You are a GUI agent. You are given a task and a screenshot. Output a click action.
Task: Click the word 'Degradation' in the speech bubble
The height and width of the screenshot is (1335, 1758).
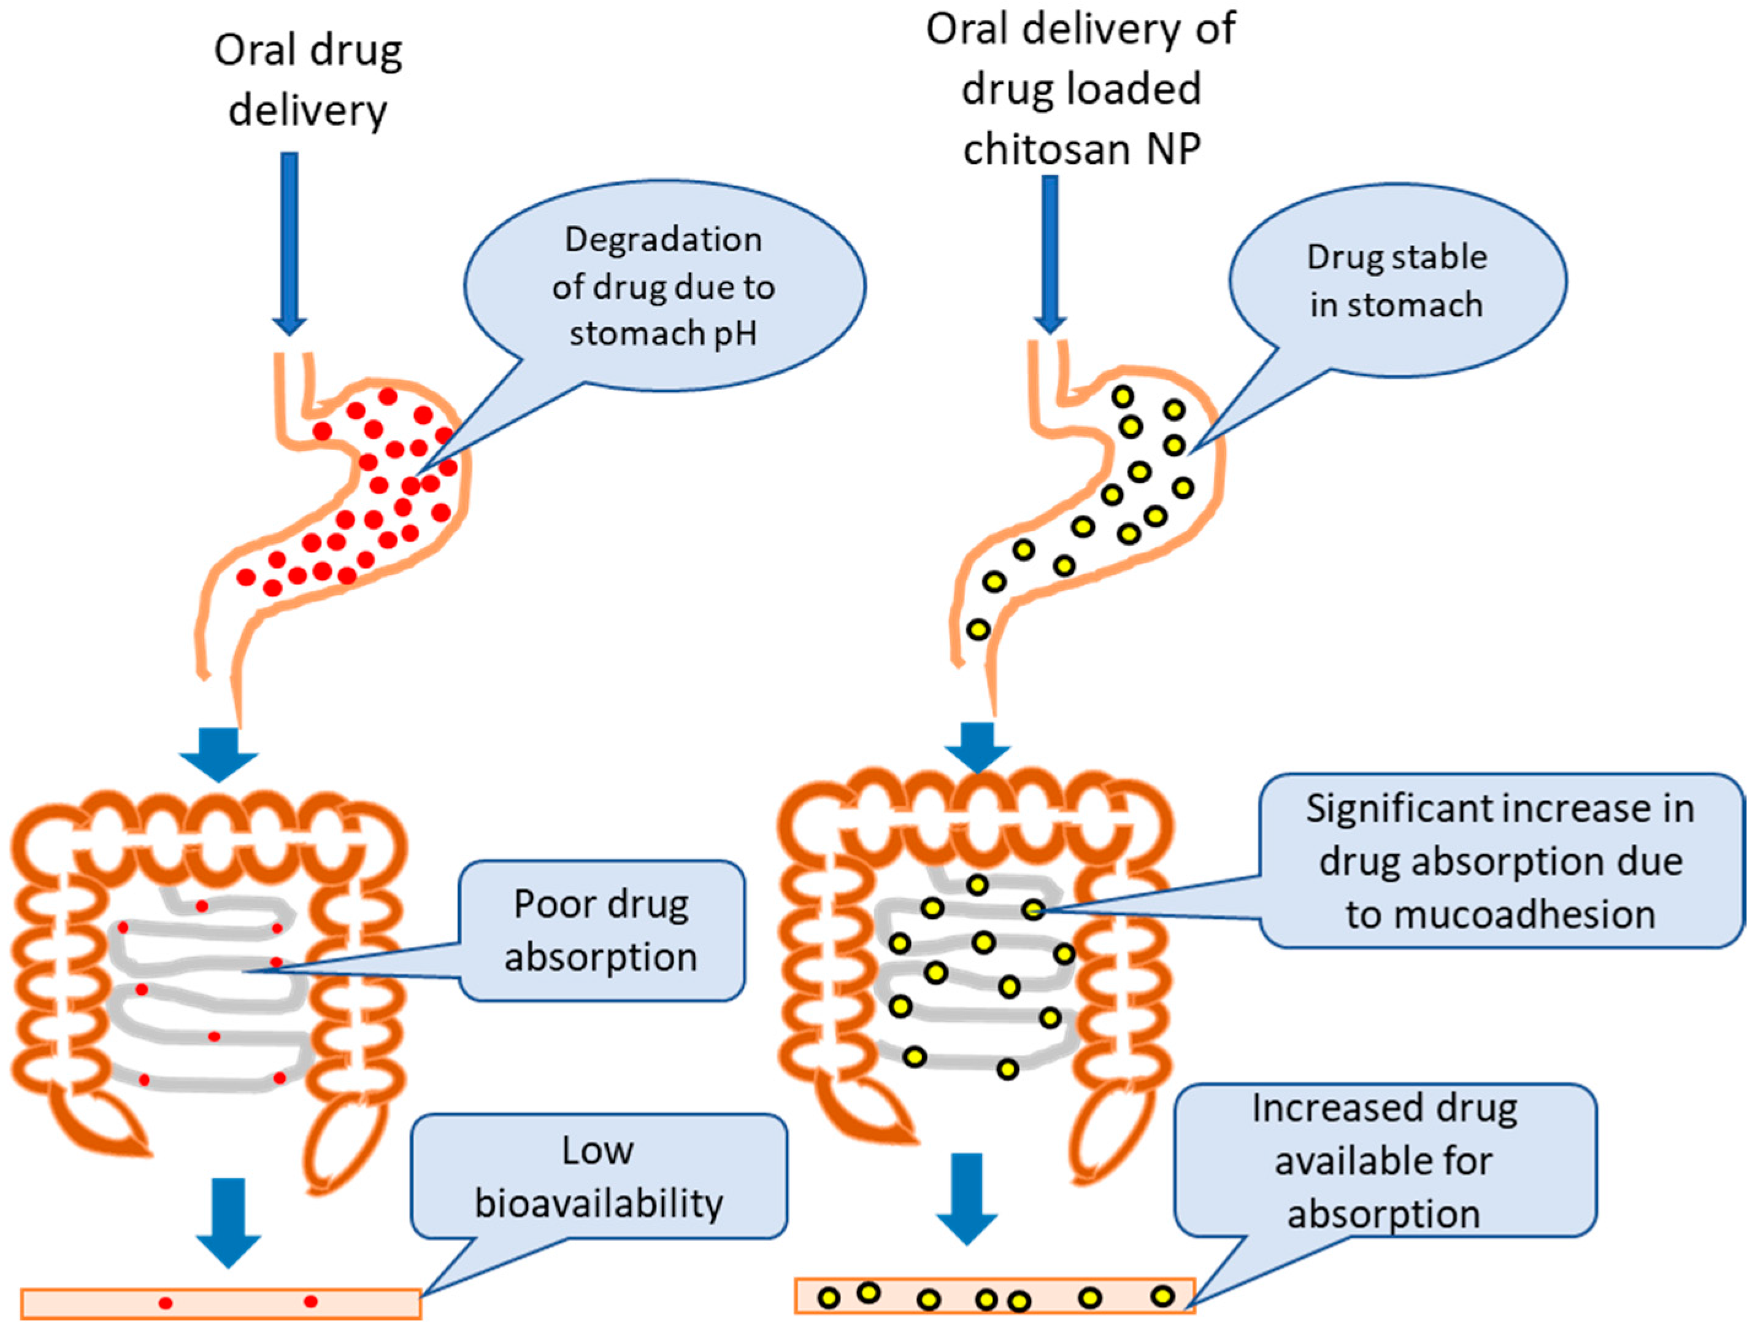(x=663, y=240)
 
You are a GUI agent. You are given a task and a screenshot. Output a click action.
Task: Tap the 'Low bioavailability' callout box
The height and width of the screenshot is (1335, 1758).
(x=599, y=1176)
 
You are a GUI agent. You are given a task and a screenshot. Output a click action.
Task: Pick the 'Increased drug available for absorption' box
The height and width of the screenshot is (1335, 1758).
(x=1384, y=1160)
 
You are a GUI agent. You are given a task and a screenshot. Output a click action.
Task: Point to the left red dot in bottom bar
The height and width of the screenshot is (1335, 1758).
(x=165, y=1302)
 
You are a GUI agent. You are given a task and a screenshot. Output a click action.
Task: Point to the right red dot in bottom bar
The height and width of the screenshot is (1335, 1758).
(x=311, y=1301)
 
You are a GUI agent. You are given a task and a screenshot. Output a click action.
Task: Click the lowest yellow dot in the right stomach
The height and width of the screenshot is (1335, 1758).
(x=978, y=630)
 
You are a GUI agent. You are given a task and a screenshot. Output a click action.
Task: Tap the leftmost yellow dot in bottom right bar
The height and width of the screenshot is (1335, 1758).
(x=829, y=1298)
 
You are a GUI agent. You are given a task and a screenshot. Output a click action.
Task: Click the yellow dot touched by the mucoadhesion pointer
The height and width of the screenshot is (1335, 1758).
(x=1033, y=910)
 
